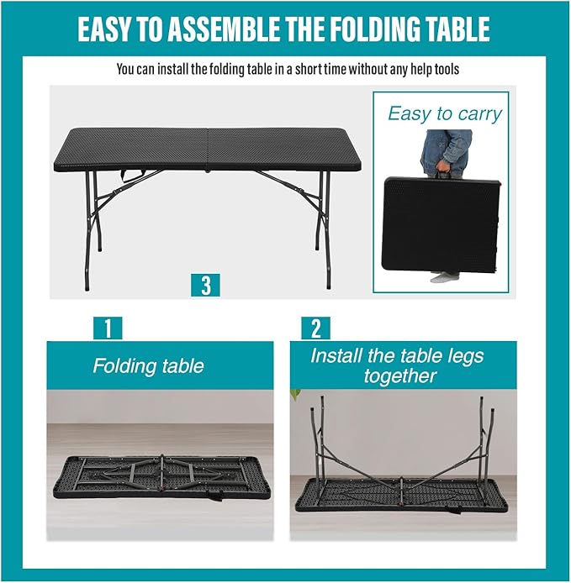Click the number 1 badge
[107, 328]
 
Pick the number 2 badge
[315, 328]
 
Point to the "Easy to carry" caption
[444, 114]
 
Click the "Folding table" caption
[148, 366]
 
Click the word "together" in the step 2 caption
[399, 376]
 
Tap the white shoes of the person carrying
[443, 276]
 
